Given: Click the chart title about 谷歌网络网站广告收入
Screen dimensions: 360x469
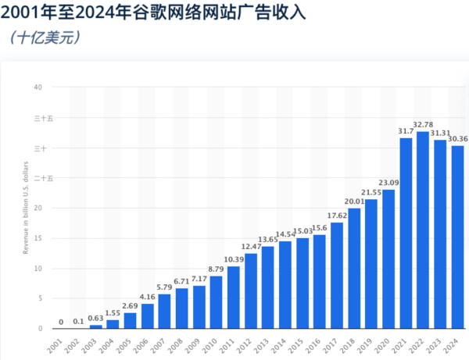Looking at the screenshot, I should [153, 12].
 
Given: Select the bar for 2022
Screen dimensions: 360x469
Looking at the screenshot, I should [423, 230].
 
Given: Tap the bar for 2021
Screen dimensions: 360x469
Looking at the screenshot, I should [406, 233].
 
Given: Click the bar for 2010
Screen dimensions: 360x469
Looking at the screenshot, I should [217, 301].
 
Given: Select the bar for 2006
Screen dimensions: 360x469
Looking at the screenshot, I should [148, 315].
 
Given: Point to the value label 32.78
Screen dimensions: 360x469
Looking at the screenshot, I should [423, 124].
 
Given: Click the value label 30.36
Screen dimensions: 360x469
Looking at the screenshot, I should [457, 138].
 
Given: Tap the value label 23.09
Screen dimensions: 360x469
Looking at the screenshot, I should [388, 182].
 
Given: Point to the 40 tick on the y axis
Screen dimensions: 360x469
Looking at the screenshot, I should [37, 87].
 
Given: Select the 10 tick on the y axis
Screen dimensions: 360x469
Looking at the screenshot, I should [37, 269].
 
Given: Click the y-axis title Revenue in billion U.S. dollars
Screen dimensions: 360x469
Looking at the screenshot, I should [25, 207].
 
